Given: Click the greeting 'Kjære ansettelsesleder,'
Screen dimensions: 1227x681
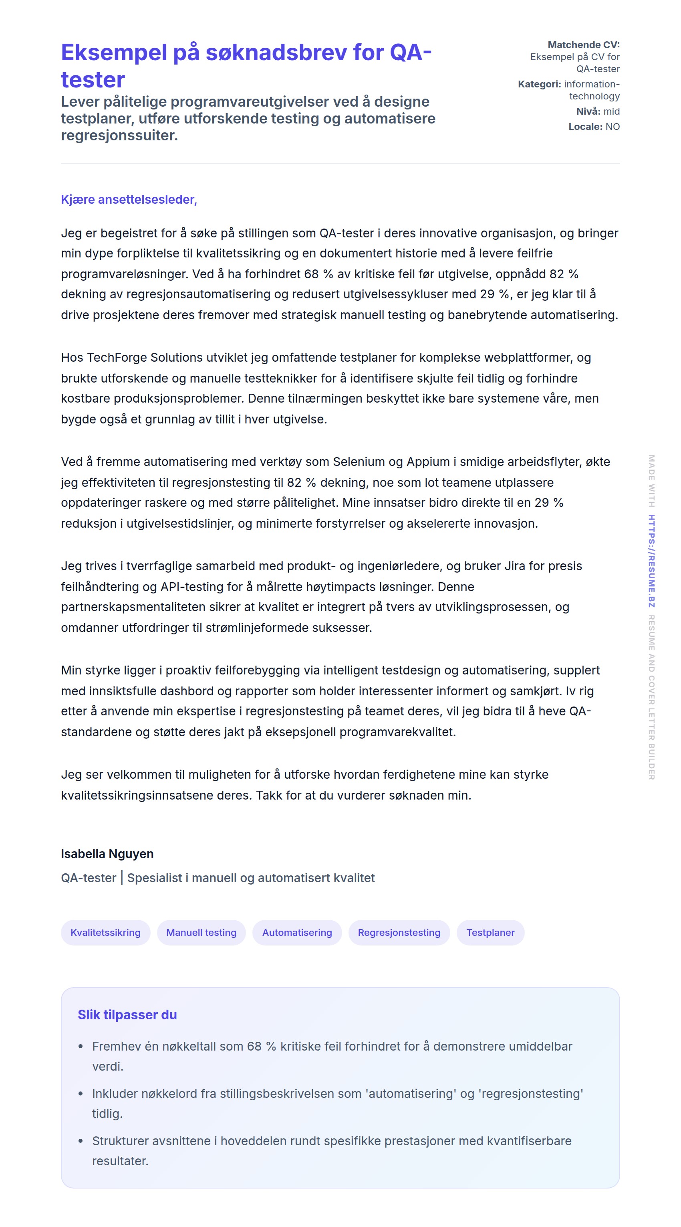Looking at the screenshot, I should [x=129, y=200].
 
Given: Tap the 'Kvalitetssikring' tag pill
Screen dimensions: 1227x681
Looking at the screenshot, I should [x=105, y=932].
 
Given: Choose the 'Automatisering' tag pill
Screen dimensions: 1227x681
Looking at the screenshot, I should [x=297, y=932].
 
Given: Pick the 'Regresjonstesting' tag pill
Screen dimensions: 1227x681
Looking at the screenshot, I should [x=399, y=932].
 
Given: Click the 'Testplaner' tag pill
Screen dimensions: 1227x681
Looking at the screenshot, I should [x=490, y=932].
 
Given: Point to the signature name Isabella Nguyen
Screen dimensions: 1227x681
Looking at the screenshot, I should [x=107, y=854].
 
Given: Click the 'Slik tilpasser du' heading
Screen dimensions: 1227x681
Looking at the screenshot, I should [x=127, y=1014].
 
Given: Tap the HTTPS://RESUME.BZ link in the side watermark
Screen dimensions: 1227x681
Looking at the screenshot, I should [x=651, y=561].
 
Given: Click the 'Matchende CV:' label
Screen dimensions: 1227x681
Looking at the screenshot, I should [x=583, y=45].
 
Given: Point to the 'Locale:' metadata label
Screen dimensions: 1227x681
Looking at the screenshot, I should [x=585, y=127].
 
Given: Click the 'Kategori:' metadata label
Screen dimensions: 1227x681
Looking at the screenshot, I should [x=539, y=84].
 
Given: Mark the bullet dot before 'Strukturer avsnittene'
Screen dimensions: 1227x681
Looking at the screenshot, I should [x=81, y=1141].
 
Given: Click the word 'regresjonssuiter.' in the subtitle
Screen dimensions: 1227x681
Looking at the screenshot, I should [x=119, y=135].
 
